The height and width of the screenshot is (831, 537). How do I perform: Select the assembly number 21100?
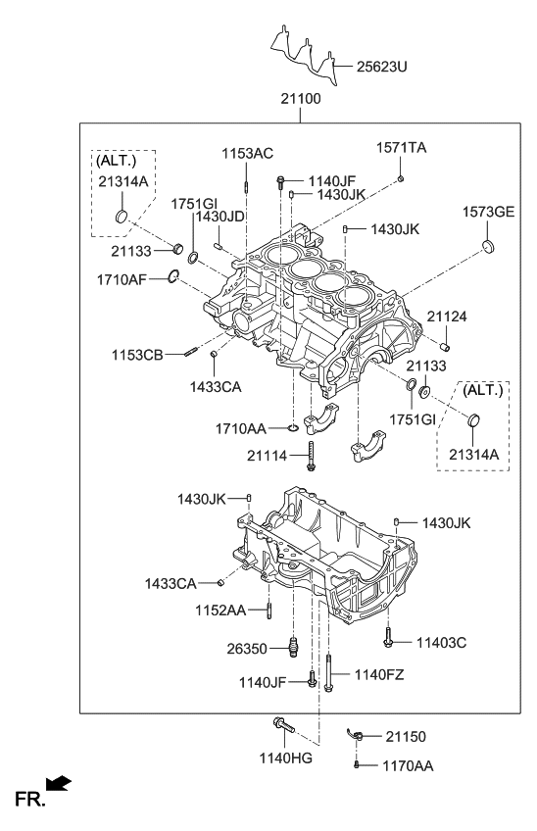pos(302,99)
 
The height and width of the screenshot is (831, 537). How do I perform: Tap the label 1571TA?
pos(403,147)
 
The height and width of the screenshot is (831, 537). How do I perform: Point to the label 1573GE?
pos(488,212)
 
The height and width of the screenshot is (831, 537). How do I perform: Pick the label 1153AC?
pos(246,153)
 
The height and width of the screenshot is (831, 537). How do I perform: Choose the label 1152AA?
pos(219,610)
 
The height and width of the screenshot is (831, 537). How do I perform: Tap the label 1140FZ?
pos(378,674)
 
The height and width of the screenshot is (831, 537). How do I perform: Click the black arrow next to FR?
pos(60,783)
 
